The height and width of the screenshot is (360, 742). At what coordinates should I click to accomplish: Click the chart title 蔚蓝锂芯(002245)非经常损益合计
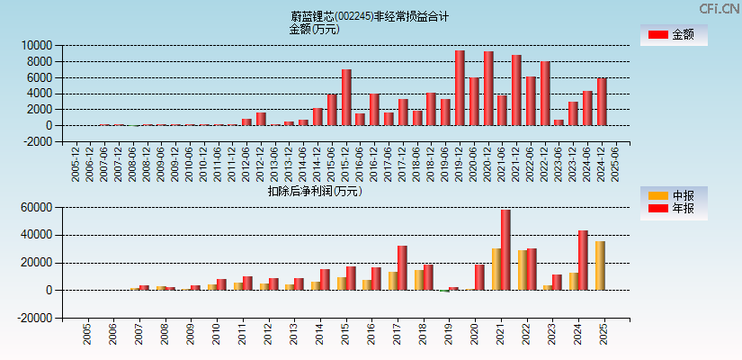click(370, 16)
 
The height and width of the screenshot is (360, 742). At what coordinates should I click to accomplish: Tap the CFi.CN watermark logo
click(720, 8)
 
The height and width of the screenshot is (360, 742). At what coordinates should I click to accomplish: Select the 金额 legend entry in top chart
click(674, 35)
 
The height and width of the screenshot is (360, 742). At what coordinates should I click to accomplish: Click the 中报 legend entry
click(674, 195)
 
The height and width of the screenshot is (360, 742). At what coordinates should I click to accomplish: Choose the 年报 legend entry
click(674, 209)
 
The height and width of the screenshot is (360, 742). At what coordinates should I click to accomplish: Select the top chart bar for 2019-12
click(460, 88)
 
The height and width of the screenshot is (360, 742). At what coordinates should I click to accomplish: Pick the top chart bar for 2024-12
click(602, 102)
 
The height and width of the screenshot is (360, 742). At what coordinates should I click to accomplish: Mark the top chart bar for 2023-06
click(559, 122)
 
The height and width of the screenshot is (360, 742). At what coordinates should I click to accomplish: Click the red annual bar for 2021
click(506, 249)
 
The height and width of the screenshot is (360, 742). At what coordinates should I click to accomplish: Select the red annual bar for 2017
click(402, 267)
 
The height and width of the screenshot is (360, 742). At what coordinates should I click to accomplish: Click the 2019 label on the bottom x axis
click(449, 334)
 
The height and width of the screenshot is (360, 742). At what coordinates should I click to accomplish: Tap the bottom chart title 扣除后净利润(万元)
click(314, 191)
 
